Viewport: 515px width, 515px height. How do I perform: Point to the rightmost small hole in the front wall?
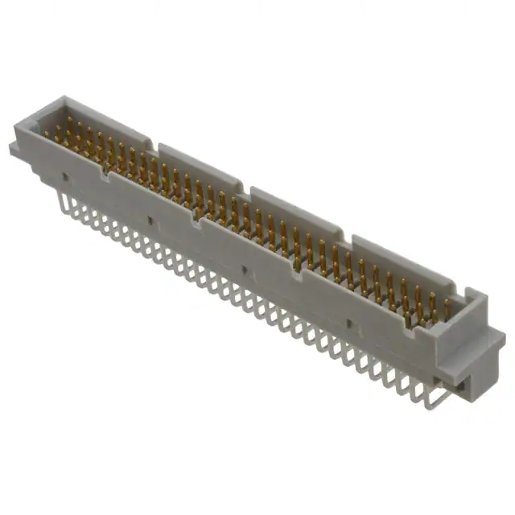(348, 323)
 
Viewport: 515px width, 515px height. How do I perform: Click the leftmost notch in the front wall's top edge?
(104, 170)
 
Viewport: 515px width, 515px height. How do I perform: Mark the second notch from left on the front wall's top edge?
(196, 216)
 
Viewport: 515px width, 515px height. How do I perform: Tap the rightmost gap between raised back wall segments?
(348, 240)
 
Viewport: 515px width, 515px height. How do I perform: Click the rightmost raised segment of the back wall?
(402, 262)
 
